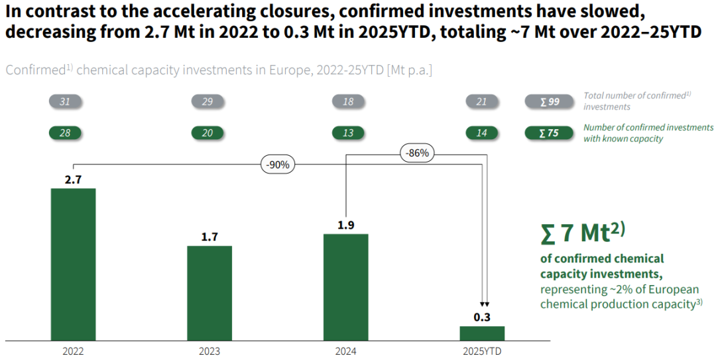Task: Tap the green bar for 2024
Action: pos(345,286)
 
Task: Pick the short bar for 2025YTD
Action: pos(482,333)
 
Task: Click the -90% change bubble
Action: pos(278,165)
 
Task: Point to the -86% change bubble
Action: pos(418,153)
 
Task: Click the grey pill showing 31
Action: pos(65,101)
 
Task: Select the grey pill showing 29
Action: pos(208,101)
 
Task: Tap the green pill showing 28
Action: pos(65,133)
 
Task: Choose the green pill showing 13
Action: pos(348,133)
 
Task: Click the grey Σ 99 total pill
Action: pos(550,101)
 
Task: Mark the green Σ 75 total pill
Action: pos(548,133)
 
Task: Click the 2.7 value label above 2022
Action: pos(73,179)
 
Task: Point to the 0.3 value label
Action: pos(482,317)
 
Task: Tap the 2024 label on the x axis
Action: pos(345,351)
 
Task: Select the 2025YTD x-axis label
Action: pos(482,351)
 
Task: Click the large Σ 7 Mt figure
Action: pos(583,233)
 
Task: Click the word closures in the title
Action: pos(290,12)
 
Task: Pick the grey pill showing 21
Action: pos(482,101)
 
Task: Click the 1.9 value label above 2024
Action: pos(345,225)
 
